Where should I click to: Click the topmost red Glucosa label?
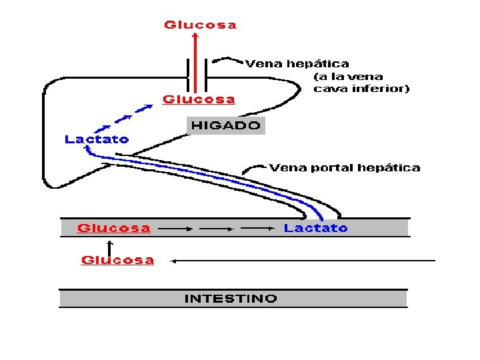[x=200, y=25]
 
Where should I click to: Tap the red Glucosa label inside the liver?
[x=199, y=99]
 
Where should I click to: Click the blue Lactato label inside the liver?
[x=97, y=139]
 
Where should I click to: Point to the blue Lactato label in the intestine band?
[x=315, y=228]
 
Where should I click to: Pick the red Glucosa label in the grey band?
[x=113, y=228]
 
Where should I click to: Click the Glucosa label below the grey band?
[x=117, y=260]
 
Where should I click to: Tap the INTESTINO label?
[x=231, y=298]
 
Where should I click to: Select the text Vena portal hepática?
[x=345, y=167]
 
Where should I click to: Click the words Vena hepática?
[x=297, y=64]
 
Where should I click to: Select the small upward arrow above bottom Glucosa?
[x=110, y=246]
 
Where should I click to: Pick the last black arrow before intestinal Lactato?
[x=257, y=229]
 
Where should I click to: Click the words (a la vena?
[x=348, y=76]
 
